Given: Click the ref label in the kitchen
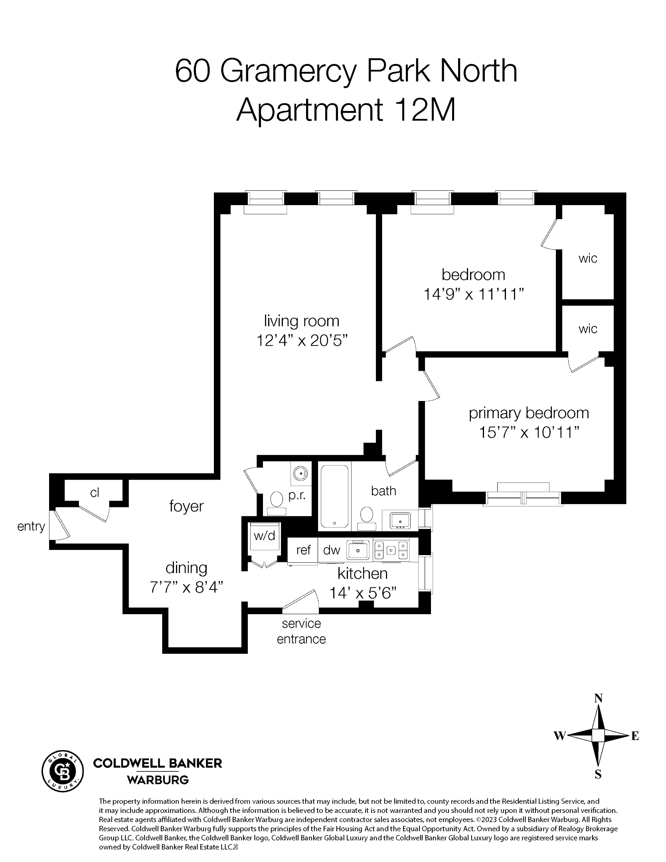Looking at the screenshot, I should [303, 550].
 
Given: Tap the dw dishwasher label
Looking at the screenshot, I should [331, 550].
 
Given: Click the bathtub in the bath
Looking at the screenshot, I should [335, 496].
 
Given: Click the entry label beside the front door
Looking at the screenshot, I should [31, 526].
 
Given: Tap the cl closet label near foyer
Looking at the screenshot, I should [94, 493].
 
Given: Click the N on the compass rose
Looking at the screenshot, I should [598, 698].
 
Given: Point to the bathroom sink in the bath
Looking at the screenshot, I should [400, 520].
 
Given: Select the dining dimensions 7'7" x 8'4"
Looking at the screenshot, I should [186, 587].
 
